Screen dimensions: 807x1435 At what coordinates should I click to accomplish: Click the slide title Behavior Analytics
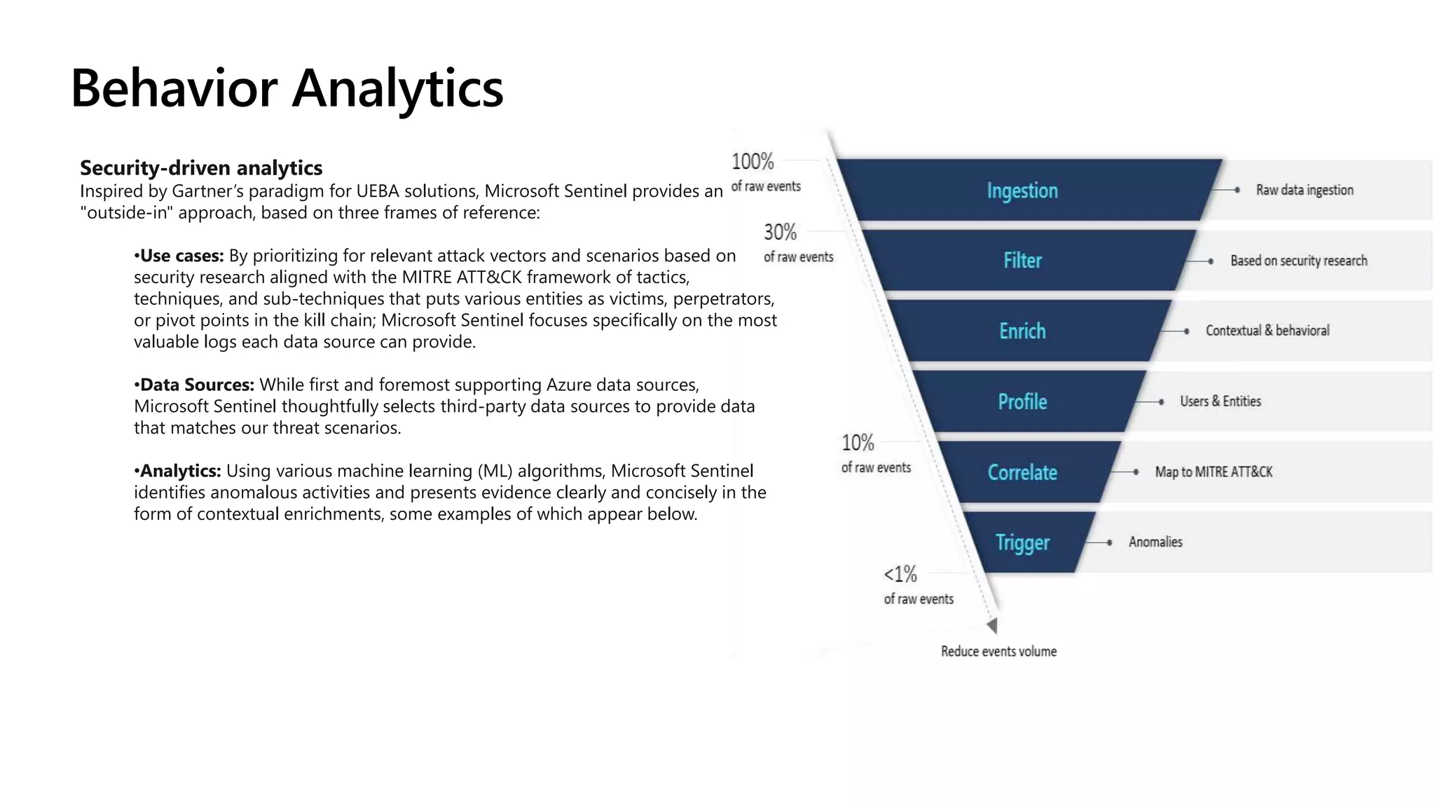click(287, 88)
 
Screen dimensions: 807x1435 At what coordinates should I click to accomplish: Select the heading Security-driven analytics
click(201, 168)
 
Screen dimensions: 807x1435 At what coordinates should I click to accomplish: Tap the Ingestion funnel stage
click(1022, 191)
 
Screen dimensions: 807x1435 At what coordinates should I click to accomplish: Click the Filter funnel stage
click(1022, 261)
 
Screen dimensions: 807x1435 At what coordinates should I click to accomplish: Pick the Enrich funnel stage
click(1022, 331)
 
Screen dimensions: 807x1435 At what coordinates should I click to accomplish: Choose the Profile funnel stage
click(1022, 402)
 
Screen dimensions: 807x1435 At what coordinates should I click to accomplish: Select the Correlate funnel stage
click(1022, 473)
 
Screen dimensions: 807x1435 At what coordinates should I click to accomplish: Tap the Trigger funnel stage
click(1022, 543)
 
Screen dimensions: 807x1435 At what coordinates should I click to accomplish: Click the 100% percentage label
click(753, 162)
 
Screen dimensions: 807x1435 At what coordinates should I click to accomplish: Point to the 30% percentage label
click(780, 232)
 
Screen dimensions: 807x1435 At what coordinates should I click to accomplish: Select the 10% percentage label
click(858, 443)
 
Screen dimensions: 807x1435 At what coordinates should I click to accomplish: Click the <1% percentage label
click(900, 574)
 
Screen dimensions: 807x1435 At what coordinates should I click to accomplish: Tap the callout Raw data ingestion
click(1304, 191)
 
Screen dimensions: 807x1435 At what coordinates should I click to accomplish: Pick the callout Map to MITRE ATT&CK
click(1214, 472)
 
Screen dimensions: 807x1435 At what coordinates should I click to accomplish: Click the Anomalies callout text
click(1155, 542)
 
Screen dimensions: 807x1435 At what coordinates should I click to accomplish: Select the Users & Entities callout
click(1220, 401)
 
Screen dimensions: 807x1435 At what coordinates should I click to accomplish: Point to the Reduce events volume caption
click(998, 651)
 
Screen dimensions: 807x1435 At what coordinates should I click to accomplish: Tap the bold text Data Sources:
click(197, 385)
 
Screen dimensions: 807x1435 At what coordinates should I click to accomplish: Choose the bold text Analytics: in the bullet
click(180, 471)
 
